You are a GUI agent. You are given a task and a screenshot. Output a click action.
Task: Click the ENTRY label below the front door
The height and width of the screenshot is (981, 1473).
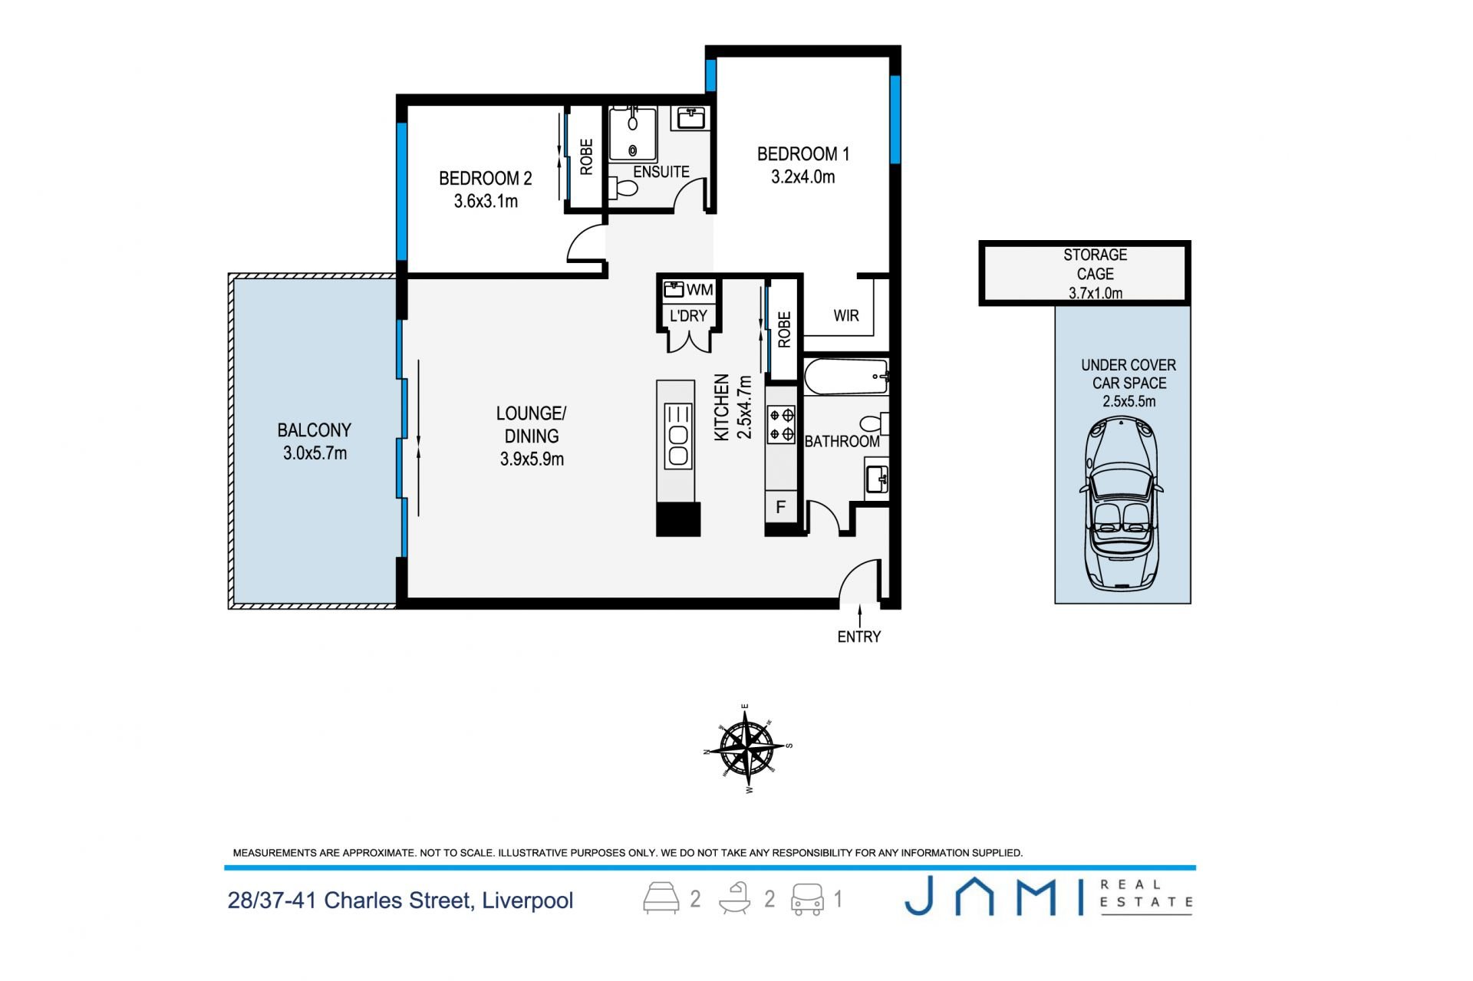pos(858,637)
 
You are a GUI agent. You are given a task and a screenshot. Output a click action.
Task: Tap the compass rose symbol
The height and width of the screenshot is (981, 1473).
pos(747,748)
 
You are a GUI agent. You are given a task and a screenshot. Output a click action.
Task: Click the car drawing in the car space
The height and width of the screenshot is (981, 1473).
pos(1121,504)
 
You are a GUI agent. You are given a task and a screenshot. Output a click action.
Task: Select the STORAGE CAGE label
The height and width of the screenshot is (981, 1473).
pos(1095,264)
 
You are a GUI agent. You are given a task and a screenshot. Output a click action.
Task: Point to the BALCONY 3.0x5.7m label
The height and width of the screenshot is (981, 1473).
pos(315,442)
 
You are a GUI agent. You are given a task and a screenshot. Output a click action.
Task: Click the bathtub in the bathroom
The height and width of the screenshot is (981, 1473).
pos(846,377)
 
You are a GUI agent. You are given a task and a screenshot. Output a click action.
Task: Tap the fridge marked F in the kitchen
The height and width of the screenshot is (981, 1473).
pos(781,507)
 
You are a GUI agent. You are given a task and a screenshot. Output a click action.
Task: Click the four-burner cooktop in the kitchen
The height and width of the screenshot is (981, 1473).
pos(782,425)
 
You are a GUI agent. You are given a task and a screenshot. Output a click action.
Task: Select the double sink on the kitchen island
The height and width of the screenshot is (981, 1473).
pos(678,436)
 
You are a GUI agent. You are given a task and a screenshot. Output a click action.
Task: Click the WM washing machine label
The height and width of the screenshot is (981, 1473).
pos(700,290)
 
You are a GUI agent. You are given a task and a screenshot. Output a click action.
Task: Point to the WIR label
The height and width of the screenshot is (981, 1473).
pos(846,315)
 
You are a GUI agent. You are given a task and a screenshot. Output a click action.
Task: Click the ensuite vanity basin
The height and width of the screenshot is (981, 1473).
pos(691,118)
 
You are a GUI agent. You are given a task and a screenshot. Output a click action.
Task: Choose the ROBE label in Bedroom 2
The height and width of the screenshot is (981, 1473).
pos(586,157)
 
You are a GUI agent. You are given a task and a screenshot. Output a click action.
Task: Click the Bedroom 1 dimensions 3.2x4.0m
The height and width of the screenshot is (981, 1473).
pos(802,177)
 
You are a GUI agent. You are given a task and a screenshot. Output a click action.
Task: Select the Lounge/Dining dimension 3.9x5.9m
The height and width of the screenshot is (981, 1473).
pos(532,459)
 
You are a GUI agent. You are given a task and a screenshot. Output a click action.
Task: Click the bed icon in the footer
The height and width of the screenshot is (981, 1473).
pos(661,897)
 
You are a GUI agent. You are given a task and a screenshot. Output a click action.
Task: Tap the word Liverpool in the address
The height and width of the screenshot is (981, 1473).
pos(527,900)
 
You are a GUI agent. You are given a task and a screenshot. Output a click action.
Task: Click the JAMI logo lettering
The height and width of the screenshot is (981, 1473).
pos(994,896)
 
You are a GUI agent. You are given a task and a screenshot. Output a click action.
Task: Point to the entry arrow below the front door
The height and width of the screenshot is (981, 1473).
pos(859,615)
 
